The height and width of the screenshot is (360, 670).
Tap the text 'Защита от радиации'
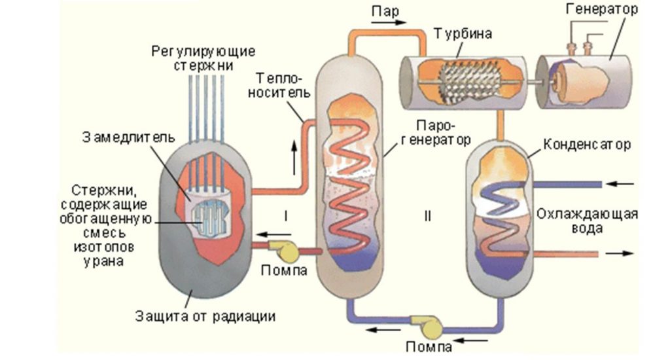pyautogui.click(x=205, y=316)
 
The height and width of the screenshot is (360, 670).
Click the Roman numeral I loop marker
pyautogui.click(x=286, y=214)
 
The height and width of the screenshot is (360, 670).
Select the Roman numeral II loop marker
pyautogui.click(x=427, y=214)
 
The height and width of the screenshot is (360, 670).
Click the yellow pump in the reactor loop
pyautogui.click(x=286, y=250)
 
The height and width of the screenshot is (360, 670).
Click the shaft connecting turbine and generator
pyautogui.click(x=531, y=83)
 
